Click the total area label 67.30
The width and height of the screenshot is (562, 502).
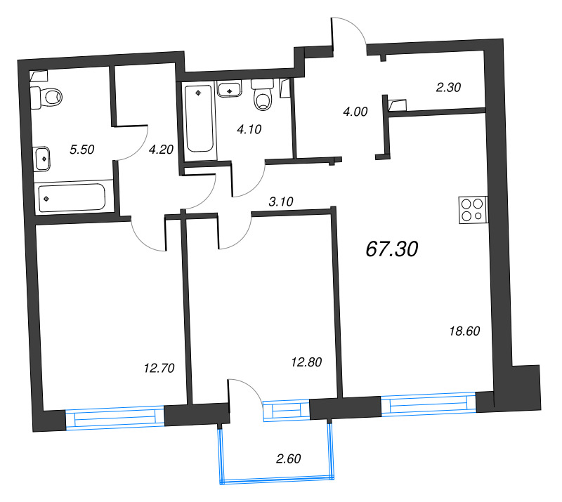(392, 249)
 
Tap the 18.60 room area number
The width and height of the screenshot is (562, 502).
(464, 331)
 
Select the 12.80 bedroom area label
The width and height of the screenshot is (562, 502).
(306, 362)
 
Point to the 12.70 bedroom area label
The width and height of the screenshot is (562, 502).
(158, 367)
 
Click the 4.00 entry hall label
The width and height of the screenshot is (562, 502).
(355, 111)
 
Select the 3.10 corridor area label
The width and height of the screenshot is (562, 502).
(280, 201)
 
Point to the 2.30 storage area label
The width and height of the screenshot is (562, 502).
(447, 88)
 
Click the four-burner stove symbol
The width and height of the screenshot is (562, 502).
(471, 209)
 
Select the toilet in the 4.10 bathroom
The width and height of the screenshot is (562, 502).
(263, 96)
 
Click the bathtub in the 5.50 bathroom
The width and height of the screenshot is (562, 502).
(72, 197)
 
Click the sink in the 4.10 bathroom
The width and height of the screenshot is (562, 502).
(230, 89)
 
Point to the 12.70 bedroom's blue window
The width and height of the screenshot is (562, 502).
(115, 418)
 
